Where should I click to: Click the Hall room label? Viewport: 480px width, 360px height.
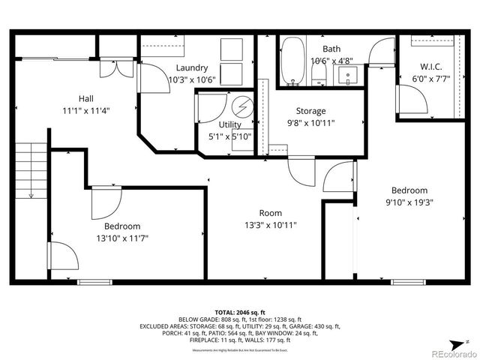coord(86,98)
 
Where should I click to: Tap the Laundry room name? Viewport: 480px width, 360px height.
coord(191,67)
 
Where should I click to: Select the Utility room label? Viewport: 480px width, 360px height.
coord(229,124)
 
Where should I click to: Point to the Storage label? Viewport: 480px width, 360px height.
coord(310,111)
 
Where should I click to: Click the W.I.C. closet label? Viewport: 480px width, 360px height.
coord(430,65)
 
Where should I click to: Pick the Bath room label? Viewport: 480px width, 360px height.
coord(331,49)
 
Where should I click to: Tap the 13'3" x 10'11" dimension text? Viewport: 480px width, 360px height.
coord(270,225)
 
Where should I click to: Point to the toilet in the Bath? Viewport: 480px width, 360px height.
coord(318,73)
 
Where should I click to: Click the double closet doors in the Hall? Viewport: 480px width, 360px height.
coord(117,67)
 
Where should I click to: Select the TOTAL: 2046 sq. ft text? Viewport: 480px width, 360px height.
coord(240,312)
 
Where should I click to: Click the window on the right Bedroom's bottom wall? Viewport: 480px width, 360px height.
coord(408,283)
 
